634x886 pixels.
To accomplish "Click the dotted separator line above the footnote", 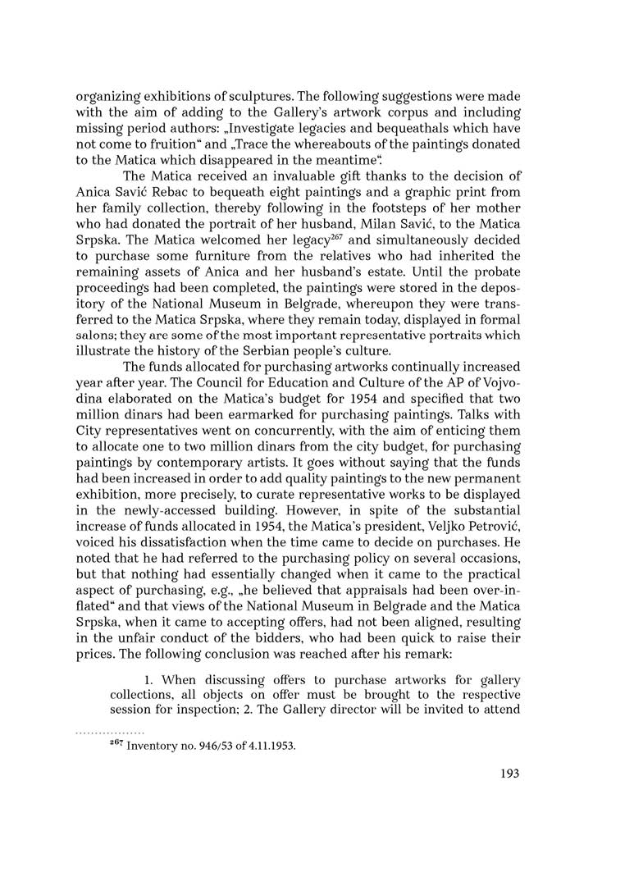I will pos(110,730).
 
